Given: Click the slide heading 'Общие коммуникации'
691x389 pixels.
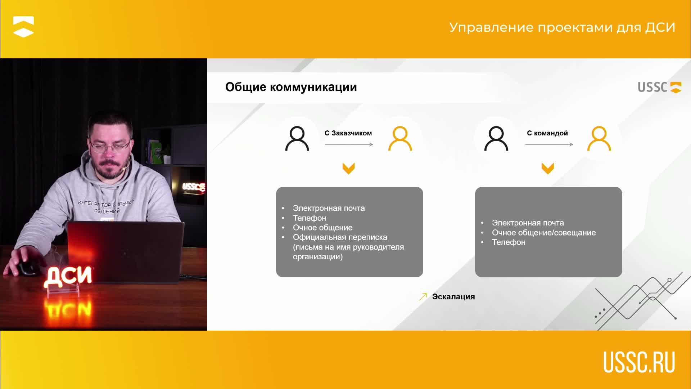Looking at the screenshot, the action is (291, 87).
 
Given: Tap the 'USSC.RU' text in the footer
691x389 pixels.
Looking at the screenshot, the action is (639, 362).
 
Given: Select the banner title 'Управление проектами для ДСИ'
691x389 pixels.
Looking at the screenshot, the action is (562, 27).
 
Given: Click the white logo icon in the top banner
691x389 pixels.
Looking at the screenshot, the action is (23, 27).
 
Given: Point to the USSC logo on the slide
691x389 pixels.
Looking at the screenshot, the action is (659, 87).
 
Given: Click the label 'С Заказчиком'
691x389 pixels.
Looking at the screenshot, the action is (348, 133).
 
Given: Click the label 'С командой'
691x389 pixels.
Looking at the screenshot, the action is (547, 133).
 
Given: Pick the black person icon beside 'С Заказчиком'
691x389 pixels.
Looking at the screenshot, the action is (297, 138).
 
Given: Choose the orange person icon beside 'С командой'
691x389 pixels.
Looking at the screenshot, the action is (599, 138).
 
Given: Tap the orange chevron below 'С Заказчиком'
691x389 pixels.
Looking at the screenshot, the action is (348, 168).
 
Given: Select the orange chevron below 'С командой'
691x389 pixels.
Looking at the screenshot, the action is (548, 168).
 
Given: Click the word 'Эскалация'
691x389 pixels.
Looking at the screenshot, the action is (453, 297).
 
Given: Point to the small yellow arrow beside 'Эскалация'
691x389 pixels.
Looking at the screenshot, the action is (423, 296).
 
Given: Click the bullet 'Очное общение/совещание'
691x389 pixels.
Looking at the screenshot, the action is (544, 233).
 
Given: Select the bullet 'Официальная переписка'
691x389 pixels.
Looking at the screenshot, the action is (340, 237).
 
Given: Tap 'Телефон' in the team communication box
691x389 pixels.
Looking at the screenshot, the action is (509, 242).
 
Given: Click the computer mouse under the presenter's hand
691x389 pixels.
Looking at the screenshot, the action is (27, 268).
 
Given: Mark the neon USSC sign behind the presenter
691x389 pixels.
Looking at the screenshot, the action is (194, 187).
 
